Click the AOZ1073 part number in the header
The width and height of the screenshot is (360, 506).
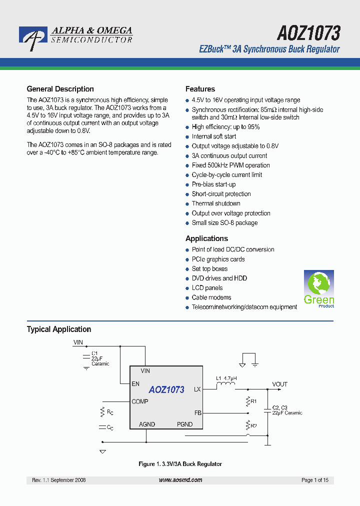[x=308, y=33]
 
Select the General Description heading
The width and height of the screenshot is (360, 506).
[x=60, y=89]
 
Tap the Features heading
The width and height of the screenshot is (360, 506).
[x=200, y=89]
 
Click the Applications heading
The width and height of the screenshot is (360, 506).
[x=206, y=238]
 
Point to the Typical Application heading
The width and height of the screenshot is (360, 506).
[x=58, y=329]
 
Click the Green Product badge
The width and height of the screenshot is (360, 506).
[x=319, y=288]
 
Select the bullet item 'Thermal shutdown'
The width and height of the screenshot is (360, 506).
[x=216, y=203]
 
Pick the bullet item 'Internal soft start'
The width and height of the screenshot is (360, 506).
[x=214, y=136]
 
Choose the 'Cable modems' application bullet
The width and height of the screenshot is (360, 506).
[x=211, y=297]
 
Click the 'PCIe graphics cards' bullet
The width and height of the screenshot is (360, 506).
[x=218, y=259]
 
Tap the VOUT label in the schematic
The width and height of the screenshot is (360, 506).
[x=280, y=384]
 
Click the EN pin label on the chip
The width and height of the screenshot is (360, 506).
[x=135, y=384]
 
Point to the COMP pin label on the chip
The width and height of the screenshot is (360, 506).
[x=140, y=401]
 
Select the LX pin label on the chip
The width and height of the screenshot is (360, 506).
[x=197, y=389]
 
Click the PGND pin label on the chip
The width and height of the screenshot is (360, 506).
[x=184, y=424]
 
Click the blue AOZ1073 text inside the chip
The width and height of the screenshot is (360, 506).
[x=166, y=389]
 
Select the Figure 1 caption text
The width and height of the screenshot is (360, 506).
[x=180, y=464]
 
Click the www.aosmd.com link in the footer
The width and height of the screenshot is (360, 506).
[x=180, y=480]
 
